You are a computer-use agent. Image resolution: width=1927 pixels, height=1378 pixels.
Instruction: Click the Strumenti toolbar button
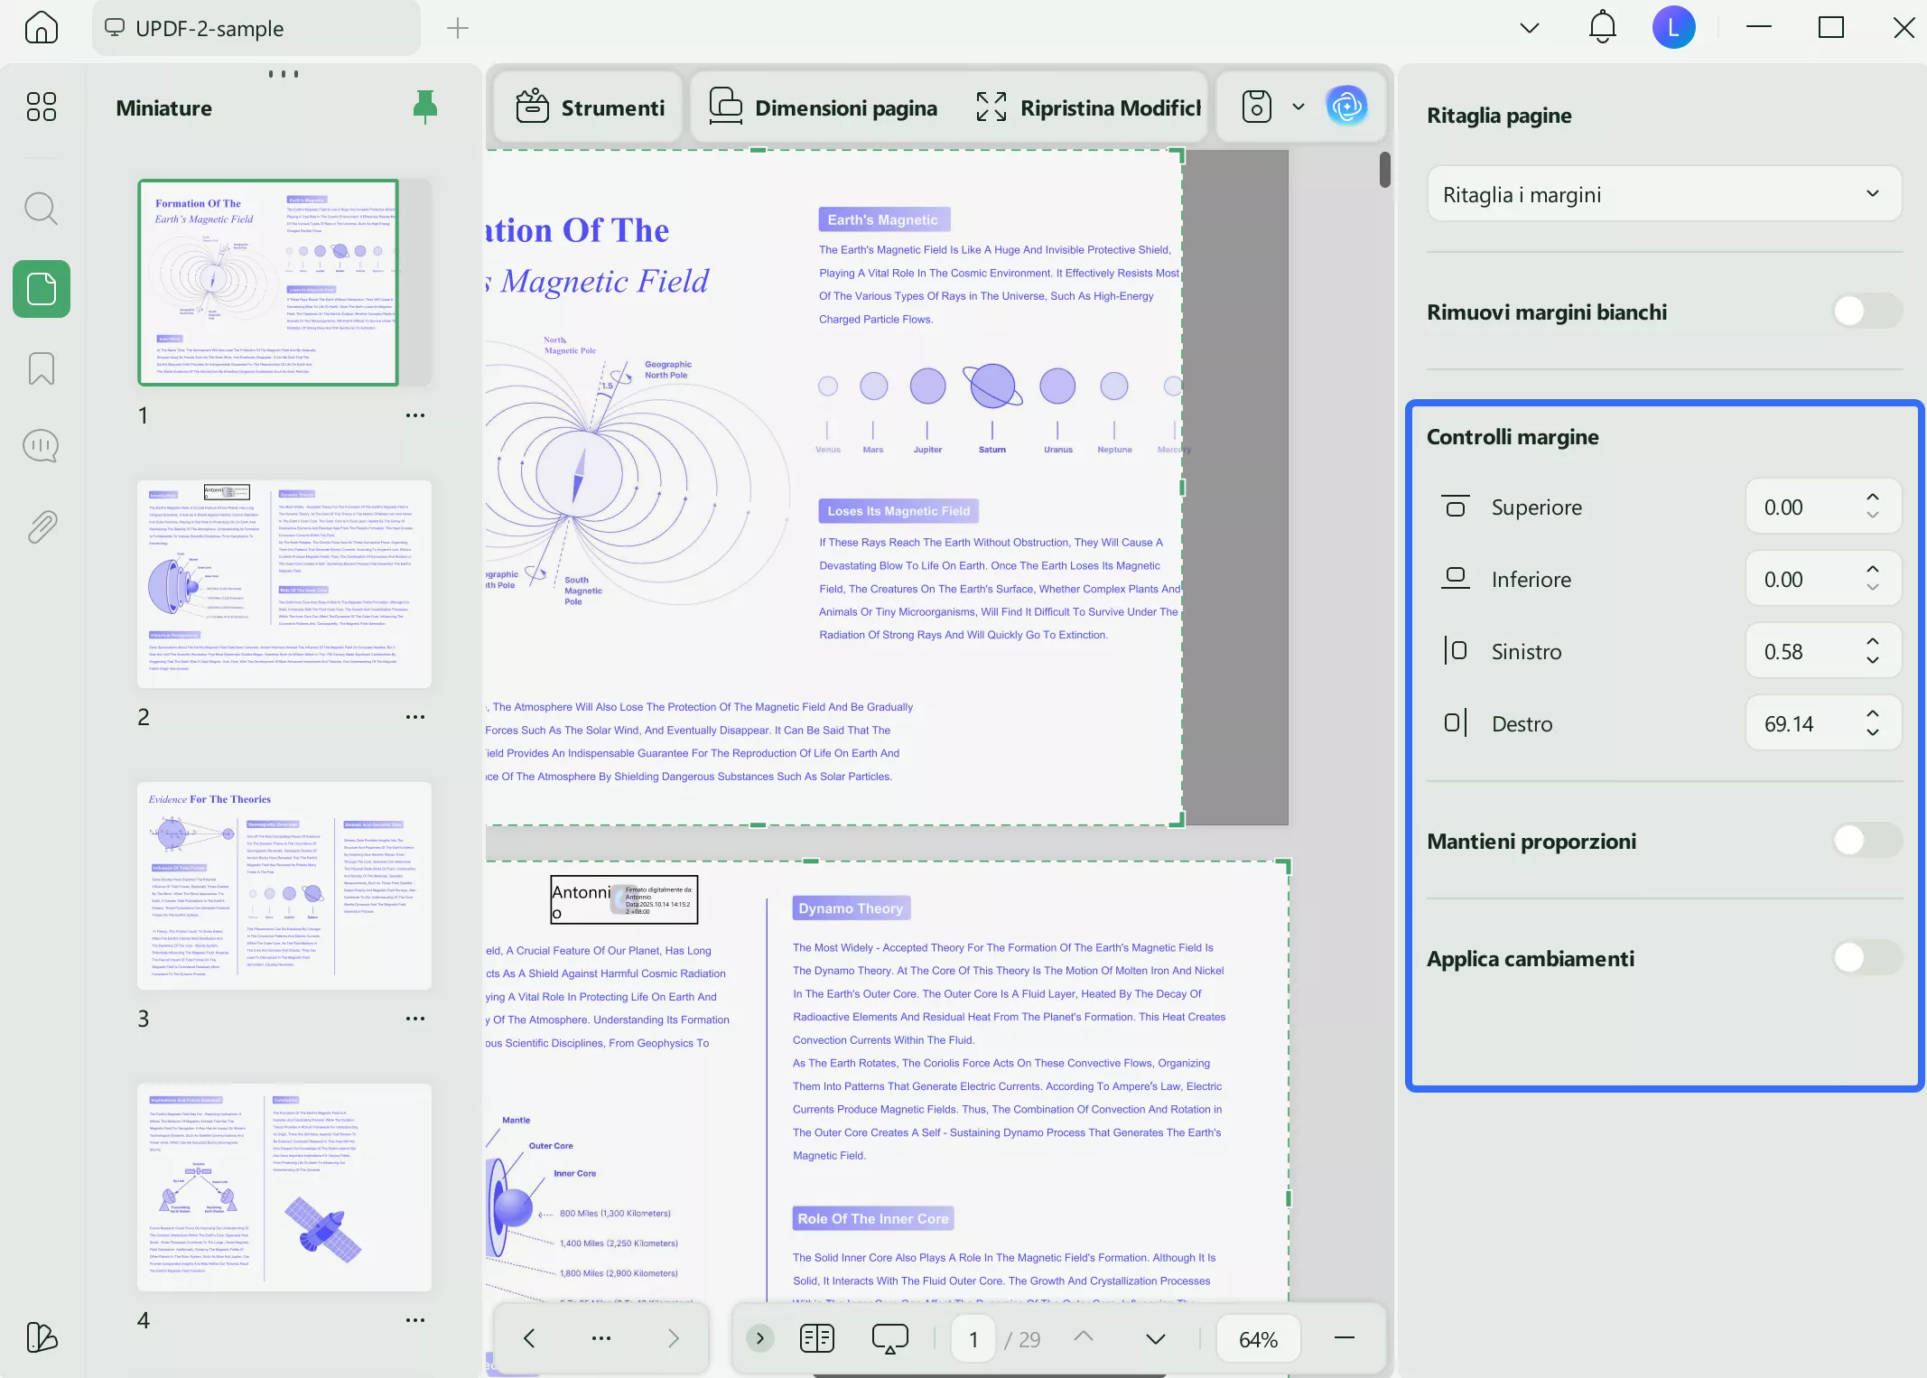tap(591, 107)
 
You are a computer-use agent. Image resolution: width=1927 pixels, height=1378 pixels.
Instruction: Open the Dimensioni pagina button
tap(824, 107)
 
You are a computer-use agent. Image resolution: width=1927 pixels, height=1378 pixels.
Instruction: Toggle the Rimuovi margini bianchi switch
tap(1866, 312)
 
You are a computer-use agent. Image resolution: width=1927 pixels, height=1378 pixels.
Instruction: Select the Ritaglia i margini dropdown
tap(1663, 194)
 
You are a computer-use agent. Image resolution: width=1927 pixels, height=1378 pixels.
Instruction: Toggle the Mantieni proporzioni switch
tap(1866, 841)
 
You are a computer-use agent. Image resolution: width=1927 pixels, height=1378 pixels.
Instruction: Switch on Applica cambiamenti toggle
tap(1866, 958)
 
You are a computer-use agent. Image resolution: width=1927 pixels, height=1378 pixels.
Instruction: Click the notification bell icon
tap(1602, 27)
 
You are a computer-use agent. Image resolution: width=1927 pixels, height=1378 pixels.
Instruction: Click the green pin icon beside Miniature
tap(424, 107)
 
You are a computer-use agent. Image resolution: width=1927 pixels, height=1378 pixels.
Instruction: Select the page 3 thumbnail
tap(284, 885)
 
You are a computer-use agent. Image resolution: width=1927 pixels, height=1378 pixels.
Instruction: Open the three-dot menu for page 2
tap(414, 717)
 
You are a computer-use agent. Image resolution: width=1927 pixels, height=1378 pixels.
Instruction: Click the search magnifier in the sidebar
tap(41, 209)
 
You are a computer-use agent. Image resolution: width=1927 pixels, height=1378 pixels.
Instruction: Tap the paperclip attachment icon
tap(42, 526)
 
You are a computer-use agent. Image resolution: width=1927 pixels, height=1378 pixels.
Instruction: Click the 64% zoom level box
tap(1258, 1339)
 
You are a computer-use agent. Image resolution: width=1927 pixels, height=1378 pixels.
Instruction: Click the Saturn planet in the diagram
tap(992, 386)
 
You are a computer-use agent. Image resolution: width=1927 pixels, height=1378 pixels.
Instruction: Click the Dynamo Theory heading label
tap(851, 908)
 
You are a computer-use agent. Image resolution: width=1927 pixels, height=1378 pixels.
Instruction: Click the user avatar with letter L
tap(1673, 27)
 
